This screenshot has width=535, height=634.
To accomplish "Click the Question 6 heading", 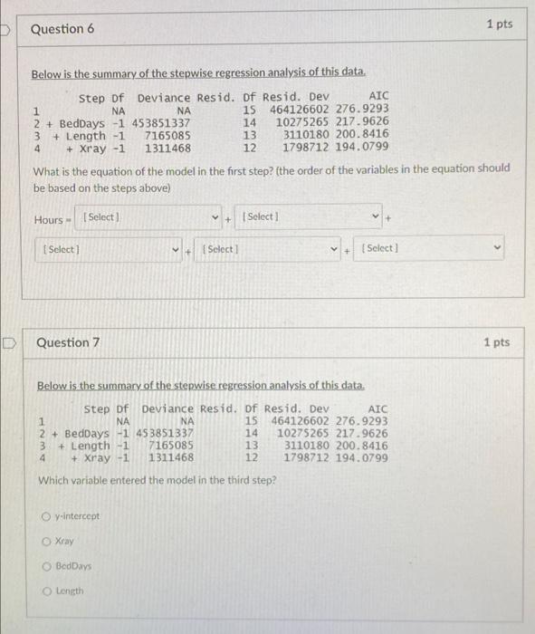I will click(62, 29).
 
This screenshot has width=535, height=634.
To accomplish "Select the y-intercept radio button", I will click(45, 517).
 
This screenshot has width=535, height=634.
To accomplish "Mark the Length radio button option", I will click(45, 591).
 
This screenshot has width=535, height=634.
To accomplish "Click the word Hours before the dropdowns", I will click(48, 220).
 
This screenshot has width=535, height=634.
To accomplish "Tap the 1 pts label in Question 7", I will click(496, 342).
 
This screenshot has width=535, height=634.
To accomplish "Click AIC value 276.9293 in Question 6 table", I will click(362, 110).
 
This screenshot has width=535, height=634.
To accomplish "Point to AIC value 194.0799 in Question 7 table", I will click(361, 457).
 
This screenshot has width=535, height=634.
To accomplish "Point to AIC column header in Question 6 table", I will click(379, 97).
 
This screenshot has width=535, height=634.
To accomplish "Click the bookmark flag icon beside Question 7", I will click(10, 342).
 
